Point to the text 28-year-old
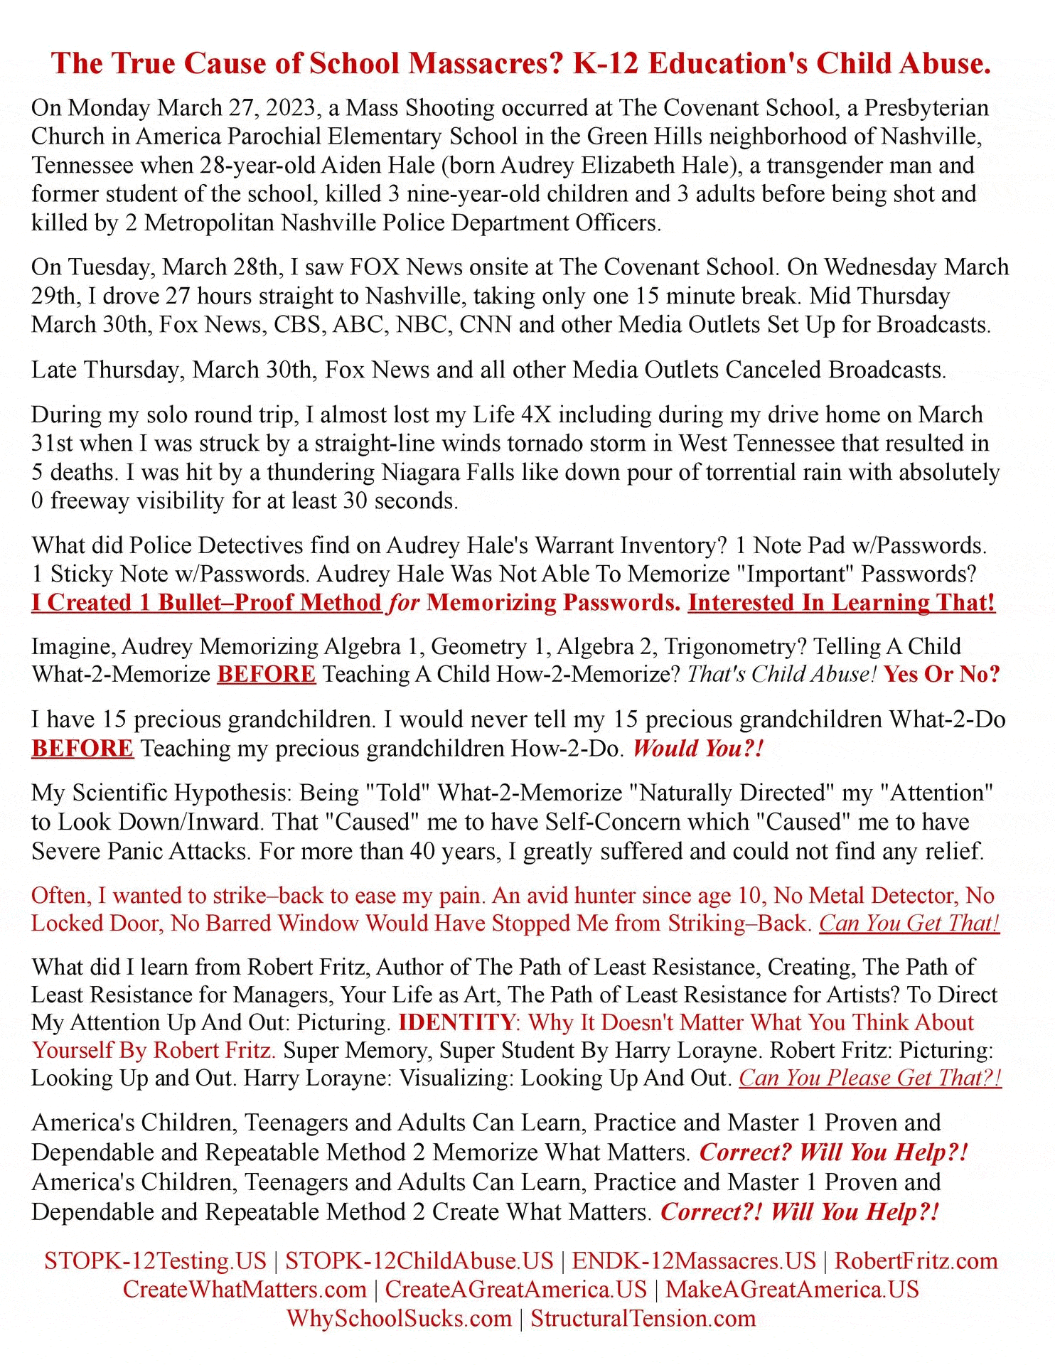[257, 165]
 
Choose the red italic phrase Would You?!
[697, 749]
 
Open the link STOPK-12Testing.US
[155, 1260]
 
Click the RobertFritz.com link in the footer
[916, 1260]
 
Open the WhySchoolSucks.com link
[400, 1318]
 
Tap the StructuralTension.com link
[643, 1318]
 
